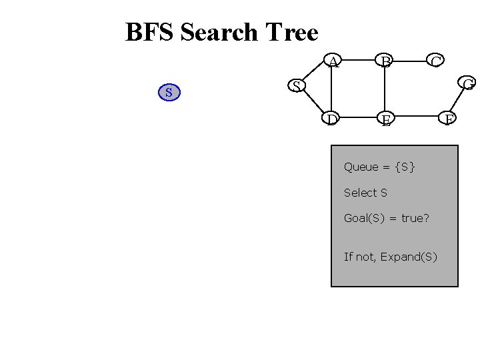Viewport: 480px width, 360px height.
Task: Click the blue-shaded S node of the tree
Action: pos(169,92)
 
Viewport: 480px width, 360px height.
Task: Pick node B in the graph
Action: pos(385,62)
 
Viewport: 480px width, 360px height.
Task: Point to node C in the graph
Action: pos(436,62)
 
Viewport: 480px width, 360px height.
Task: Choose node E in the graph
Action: pos(385,120)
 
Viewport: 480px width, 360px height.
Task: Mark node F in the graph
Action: pos(450,120)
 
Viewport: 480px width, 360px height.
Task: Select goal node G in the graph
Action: pos(468,84)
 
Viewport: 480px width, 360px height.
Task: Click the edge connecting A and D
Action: pos(332,91)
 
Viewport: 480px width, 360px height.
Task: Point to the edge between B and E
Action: pos(385,91)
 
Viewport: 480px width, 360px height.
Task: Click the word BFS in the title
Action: pos(150,32)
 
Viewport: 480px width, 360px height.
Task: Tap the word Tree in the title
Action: pos(291,32)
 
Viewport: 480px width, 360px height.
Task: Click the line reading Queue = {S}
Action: pos(379,167)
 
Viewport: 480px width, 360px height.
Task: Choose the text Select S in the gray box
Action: pos(365,193)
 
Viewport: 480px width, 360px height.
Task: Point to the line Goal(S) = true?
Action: pos(386,218)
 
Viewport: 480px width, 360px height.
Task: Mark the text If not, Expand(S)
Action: pos(391,257)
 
